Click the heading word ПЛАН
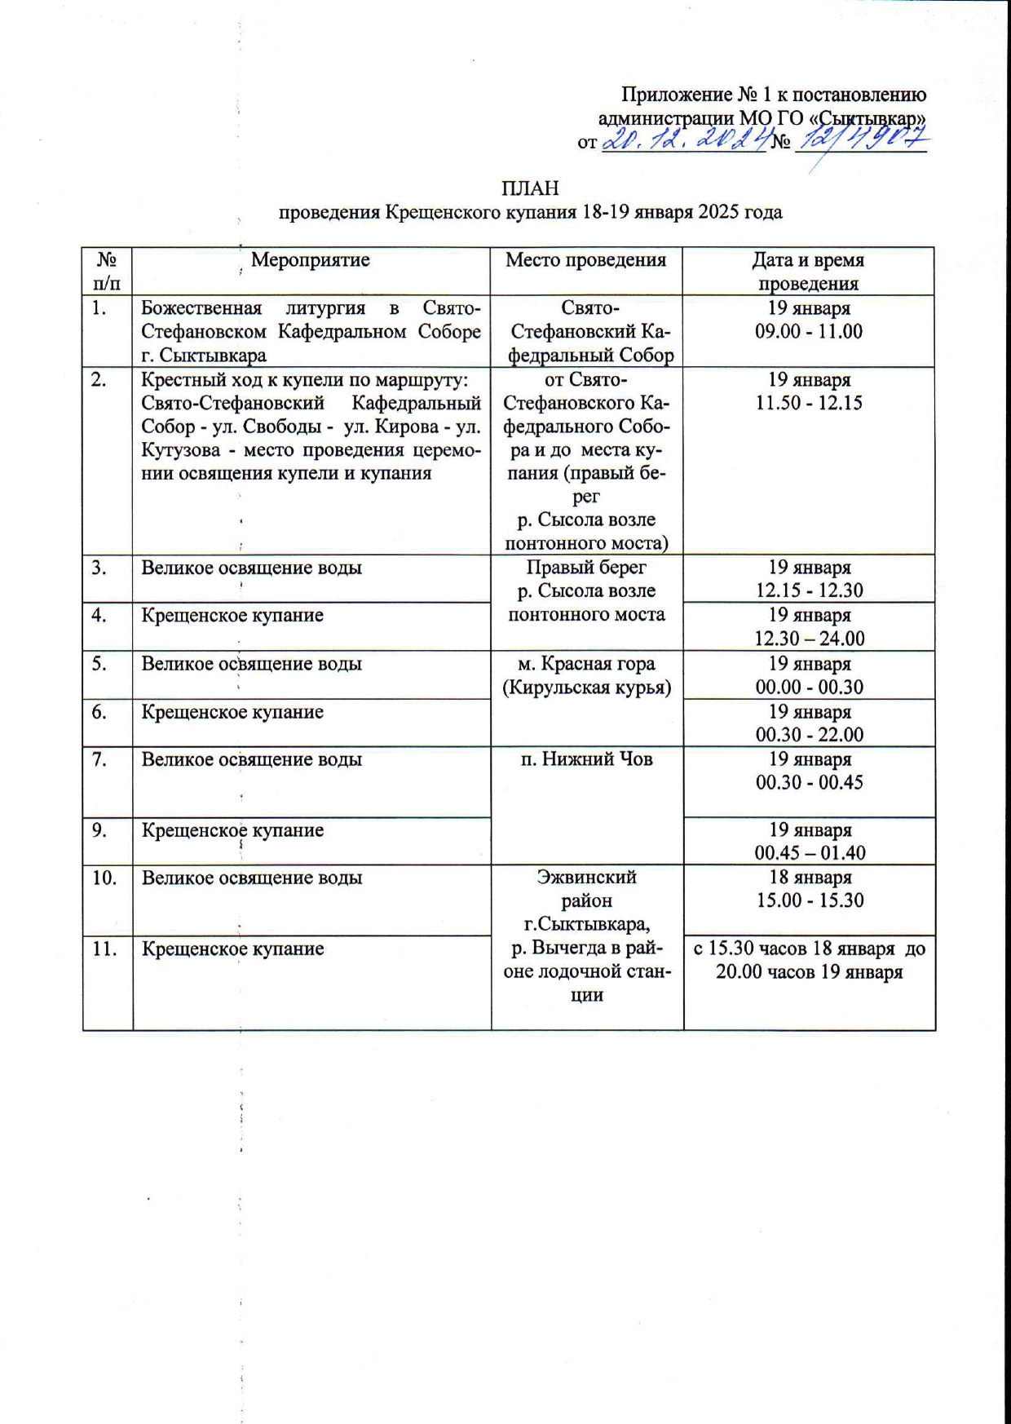coord(530,188)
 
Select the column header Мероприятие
coord(310,260)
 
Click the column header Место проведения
coord(585,260)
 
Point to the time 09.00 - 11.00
coord(809,331)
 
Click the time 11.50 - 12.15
coord(809,403)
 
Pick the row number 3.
coord(99,568)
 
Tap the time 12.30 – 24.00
coord(809,638)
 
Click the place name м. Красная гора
coord(586,664)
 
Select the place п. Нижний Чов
coord(586,759)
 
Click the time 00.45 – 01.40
coord(809,853)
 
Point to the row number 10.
coord(104,878)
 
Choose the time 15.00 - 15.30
coord(809,900)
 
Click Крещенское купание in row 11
coord(232,949)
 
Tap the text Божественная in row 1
coord(201,308)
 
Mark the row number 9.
coord(99,830)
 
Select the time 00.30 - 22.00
coord(809,734)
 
